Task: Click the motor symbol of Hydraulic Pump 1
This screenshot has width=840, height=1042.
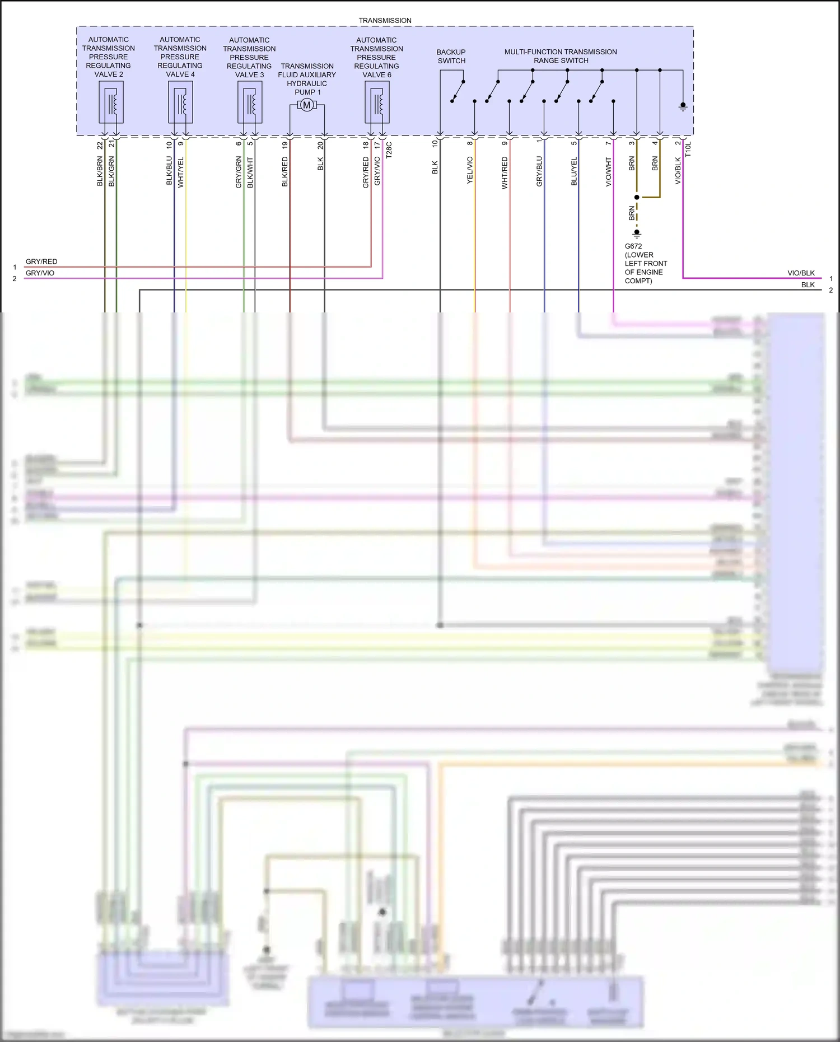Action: tap(306, 105)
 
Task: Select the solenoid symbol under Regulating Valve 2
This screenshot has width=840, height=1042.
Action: tap(111, 102)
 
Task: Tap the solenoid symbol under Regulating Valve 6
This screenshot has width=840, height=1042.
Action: tap(377, 102)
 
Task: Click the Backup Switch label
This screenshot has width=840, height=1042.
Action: tap(451, 56)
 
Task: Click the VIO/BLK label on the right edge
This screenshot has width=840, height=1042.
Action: tap(801, 273)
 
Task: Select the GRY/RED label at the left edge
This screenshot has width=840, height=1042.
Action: tap(41, 261)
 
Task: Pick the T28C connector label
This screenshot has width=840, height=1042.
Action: tap(389, 150)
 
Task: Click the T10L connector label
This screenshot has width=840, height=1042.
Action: tap(689, 149)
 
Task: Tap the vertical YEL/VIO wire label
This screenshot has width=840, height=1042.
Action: tap(470, 170)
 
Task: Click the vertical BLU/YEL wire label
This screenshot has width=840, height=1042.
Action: tap(574, 171)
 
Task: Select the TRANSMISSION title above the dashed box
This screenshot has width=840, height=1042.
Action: tap(385, 20)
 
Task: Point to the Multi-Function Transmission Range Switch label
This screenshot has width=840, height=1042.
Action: tap(561, 56)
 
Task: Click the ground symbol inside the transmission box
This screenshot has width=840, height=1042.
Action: tap(683, 106)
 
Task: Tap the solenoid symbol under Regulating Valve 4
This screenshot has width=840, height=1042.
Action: tap(180, 102)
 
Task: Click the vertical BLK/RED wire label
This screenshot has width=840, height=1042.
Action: tap(285, 171)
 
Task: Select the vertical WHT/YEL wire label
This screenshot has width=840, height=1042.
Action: tap(181, 172)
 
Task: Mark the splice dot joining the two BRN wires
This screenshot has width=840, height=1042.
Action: tap(637, 197)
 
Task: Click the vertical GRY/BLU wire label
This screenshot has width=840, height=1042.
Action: tap(539, 171)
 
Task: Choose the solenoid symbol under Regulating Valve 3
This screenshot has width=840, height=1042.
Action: tap(250, 102)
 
